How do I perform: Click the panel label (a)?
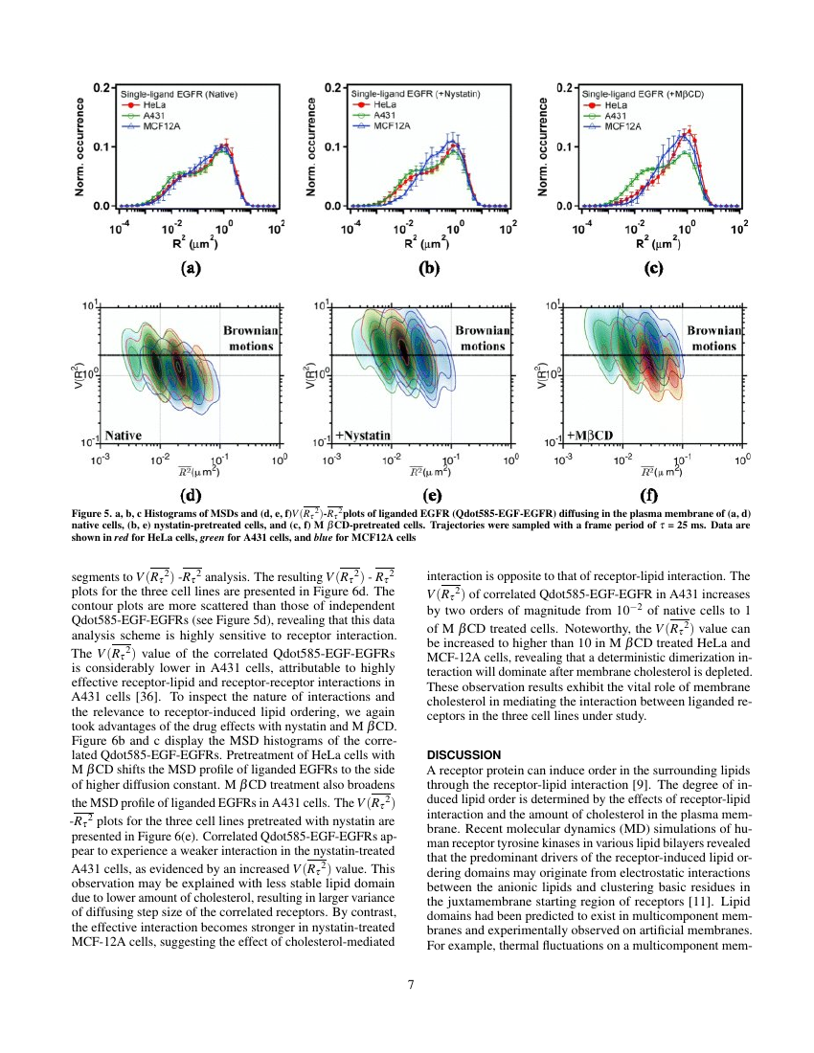pyautogui.click(x=192, y=269)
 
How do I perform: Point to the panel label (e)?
pyautogui.click(x=430, y=496)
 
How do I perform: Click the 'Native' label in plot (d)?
pyautogui.click(x=124, y=436)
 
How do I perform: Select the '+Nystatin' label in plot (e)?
pyautogui.click(x=363, y=436)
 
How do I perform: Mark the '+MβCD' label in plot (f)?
pyautogui.click(x=591, y=436)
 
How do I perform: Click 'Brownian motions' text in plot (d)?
pyautogui.click(x=251, y=338)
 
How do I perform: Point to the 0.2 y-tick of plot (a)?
pyautogui.click(x=98, y=86)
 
